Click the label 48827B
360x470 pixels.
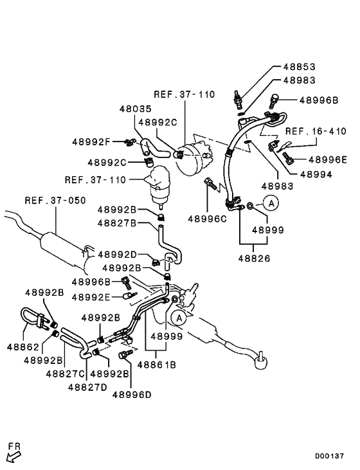[x=117, y=222]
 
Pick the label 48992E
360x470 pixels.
[x=91, y=297]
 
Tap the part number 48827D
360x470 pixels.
[x=90, y=386]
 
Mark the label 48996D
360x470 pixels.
[x=130, y=395]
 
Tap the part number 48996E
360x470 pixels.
[x=327, y=159]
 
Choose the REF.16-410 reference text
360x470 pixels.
[x=316, y=131]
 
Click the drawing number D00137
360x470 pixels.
[x=333, y=456]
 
